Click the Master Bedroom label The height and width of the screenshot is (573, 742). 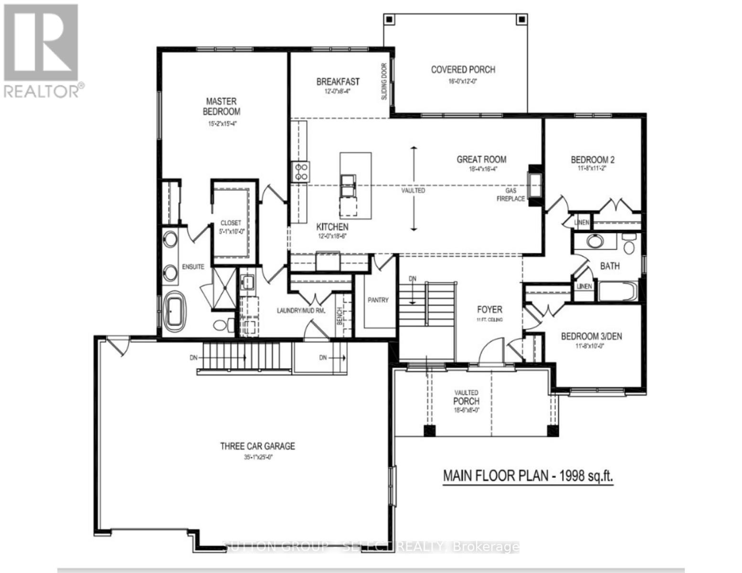tap(221, 106)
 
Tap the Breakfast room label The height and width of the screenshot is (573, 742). tap(338, 82)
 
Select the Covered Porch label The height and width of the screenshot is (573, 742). tap(463, 70)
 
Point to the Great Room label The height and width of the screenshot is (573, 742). tap(481, 159)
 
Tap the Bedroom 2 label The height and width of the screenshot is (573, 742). tap(592, 159)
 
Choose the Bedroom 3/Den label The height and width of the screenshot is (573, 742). tap(591, 336)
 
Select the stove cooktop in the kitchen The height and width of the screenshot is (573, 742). tap(301, 171)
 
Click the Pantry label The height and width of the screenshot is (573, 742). tap(378, 300)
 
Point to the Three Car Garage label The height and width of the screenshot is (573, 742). tap(257, 446)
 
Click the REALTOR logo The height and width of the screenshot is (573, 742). tap(42, 50)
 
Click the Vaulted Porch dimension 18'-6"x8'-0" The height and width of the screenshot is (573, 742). tap(466, 410)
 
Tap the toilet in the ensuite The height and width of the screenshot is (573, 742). tap(221, 326)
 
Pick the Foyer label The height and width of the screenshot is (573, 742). tap(489, 309)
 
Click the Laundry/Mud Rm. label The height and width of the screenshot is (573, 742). tap(301, 310)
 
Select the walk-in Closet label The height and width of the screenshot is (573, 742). tap(231, 223)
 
